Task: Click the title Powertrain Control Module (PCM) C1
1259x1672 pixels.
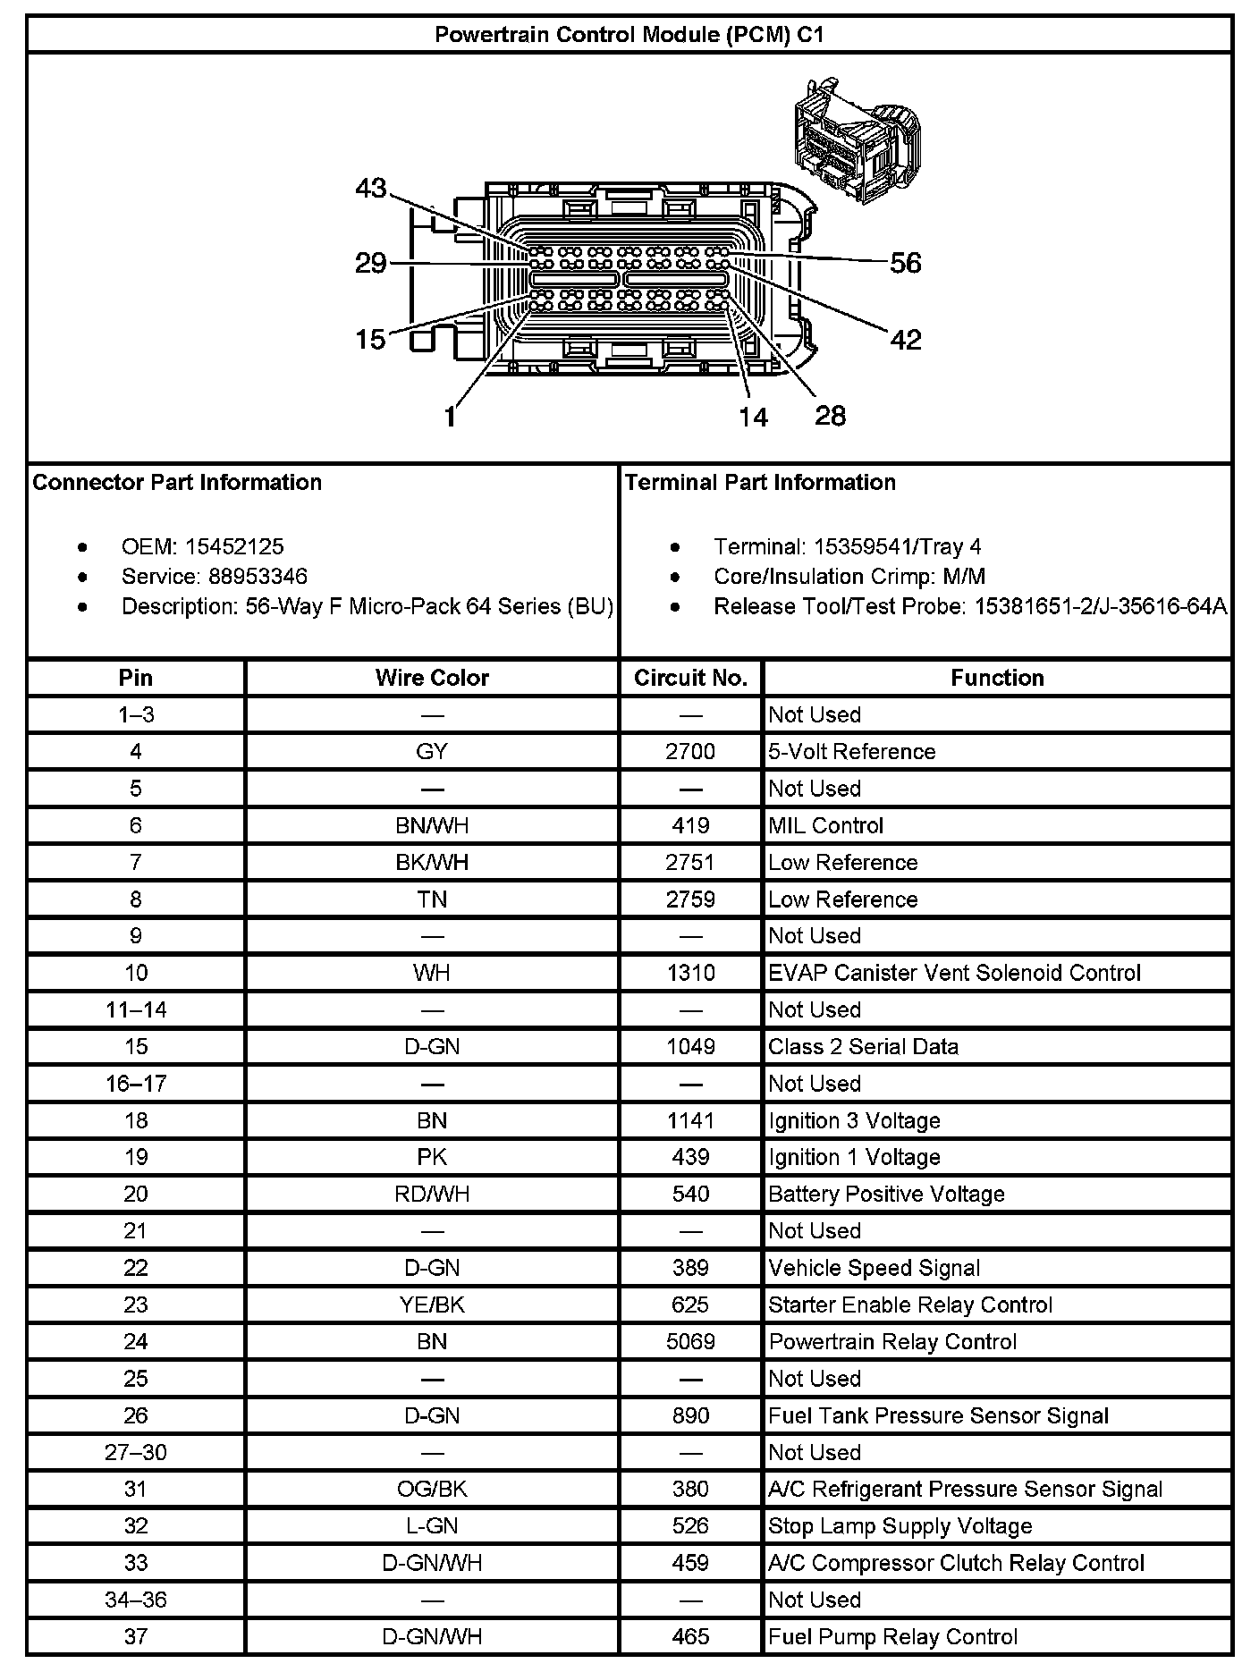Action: click(x=629, y=35)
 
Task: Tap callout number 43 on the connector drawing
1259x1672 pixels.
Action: click(x=371, y=189)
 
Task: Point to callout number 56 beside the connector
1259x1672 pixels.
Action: click(x=905, y=263)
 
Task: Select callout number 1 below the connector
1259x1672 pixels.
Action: click(x=451, y=417)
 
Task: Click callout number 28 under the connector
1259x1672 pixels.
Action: click(x=830, y=416)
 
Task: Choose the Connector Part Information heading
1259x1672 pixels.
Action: click(x=177, y=483)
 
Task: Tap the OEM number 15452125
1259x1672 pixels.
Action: click(x=234, y=546)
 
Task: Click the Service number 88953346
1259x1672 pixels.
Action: click(x=258, y=577)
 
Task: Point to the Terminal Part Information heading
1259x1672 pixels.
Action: click(x=760, y=483)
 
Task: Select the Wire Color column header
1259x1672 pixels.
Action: click(x=432, y=678)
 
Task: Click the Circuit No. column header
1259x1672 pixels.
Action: click(x=690, y=678)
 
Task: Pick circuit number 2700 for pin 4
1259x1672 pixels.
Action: click(x=690, y=752)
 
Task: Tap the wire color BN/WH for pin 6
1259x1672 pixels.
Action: click(x=432, y=825)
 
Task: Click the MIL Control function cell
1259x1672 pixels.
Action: click(x=826, y=825)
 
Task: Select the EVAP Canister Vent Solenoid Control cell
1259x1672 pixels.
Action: click(x=954, y=973)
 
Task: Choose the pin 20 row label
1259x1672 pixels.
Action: click(x=136, y=1195)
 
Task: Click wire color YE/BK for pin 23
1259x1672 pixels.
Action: click(x=432, y=1305)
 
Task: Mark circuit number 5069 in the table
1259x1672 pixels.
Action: click(x=690, y=1342)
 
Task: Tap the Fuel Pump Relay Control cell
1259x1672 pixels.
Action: click(x=892, y=1637)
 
